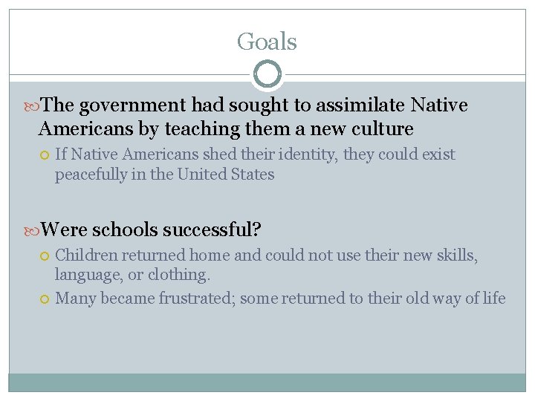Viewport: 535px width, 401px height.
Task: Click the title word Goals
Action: click(267, 42)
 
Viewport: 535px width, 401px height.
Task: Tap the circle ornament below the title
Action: click(267, 74)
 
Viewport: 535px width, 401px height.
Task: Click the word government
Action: click(133, 105)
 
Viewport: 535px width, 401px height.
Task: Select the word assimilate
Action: click(348, 105)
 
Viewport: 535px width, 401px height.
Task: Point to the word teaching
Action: click(202, 129)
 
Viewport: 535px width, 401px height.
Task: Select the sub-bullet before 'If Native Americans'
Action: click(45, 155)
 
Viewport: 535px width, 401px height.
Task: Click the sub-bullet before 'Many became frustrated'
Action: click(45, 299)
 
